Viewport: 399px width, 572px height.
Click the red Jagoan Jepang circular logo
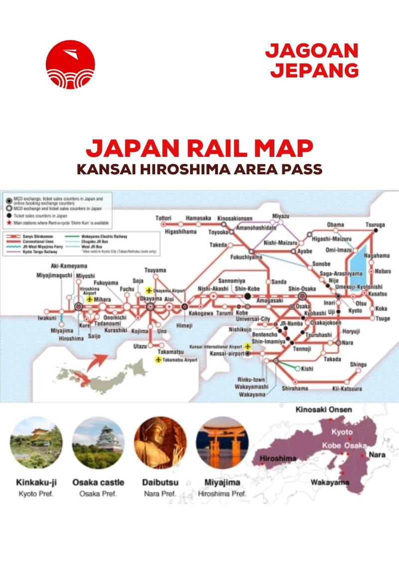70,64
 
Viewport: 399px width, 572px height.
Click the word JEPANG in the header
315,69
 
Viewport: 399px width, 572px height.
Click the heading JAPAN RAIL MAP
199,148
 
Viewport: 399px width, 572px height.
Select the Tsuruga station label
375,225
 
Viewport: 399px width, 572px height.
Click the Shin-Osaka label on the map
300,288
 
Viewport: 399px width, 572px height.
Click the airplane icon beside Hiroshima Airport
90,299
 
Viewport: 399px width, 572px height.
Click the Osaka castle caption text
98,483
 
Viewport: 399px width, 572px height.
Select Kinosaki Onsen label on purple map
324,410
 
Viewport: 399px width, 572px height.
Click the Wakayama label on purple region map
330,483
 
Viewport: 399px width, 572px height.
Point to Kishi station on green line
307,369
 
